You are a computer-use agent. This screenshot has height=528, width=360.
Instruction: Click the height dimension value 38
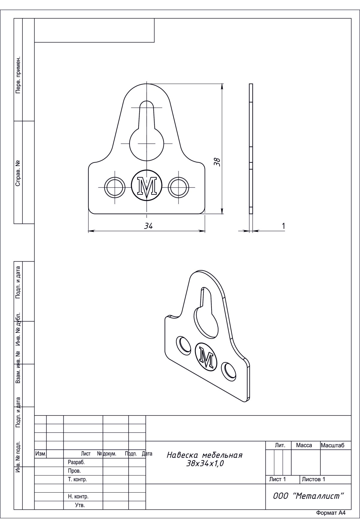(x=217, y=162)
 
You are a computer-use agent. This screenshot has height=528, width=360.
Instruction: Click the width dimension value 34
(x=148, y=226)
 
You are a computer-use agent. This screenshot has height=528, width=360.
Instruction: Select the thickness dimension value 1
(x=283, y=226)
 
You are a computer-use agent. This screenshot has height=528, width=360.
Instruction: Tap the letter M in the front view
(x=147, y=187)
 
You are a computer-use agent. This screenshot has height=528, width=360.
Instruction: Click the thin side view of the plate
(x=251, y=148)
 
